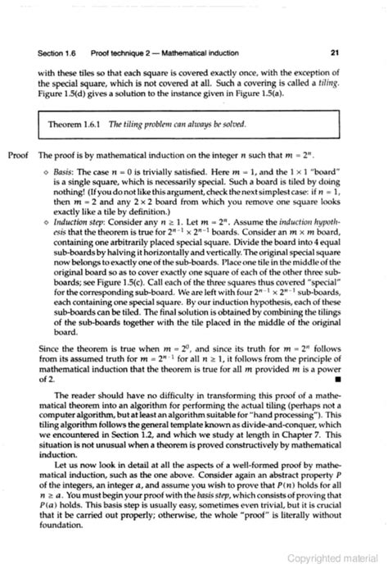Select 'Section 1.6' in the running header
point(56,53)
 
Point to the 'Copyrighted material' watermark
point(336,558)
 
